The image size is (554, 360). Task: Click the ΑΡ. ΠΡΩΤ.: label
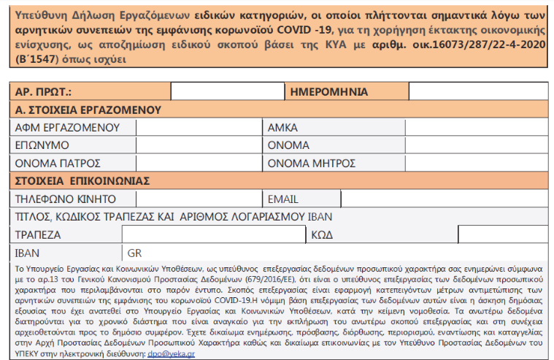tap(45, 92)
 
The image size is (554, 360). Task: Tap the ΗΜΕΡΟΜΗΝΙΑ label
tap(328, 92)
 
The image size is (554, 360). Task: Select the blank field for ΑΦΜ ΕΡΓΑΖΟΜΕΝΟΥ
tap(197, 127)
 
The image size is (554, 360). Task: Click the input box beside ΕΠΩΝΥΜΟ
tap(197, 145)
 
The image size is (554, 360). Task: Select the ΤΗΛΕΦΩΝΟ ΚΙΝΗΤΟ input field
tap(197, 199)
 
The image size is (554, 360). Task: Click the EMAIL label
tap(283, 199)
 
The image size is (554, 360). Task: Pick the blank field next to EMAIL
tap(444, 199)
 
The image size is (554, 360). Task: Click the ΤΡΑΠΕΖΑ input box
tap(213, 234)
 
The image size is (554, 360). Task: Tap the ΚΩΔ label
tap(323, 234)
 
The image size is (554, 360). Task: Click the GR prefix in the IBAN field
tap(134, 253)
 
